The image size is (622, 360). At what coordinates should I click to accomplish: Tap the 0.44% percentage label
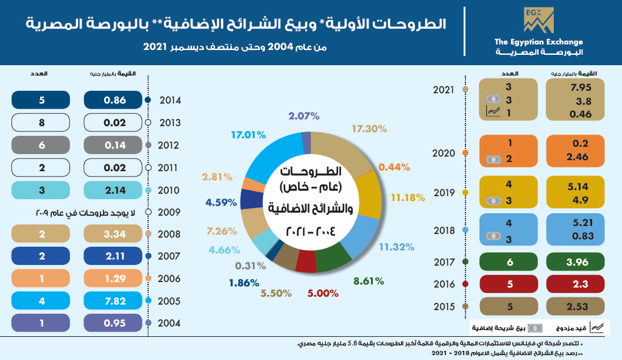coord(394,166)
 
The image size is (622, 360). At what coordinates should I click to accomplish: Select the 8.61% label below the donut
coord(369,281)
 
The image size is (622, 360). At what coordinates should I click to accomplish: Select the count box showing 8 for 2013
coord(42,122)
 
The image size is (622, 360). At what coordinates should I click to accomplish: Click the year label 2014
coord(170,100)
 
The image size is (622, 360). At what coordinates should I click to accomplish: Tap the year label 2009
coord(170,213)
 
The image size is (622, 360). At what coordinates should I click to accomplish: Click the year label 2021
coord(444,90)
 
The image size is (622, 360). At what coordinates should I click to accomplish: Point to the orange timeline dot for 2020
coord(465,154)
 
